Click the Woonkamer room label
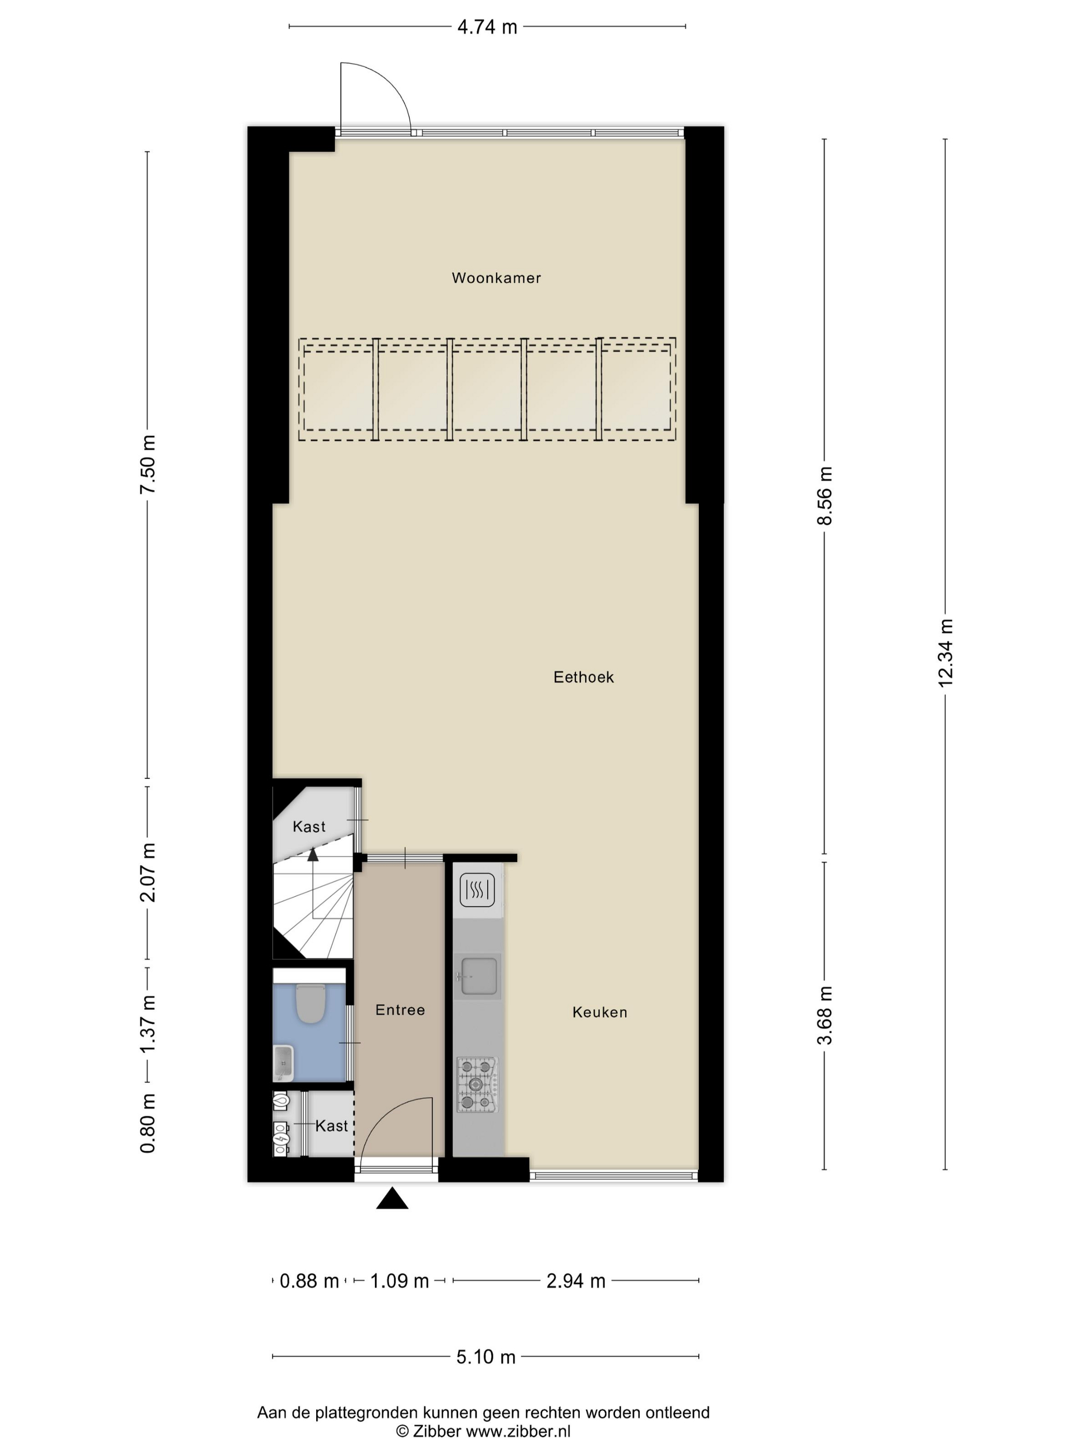(x=496, y=278)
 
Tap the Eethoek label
(x=583, y=678)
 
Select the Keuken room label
(x=600, y=1012)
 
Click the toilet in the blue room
(x=310, y=1003)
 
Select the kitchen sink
(x=478, y=976)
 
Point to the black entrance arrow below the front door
(x=392, y=1199)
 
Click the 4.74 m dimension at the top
(x=487, y=27)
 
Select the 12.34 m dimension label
(x=945, y=653)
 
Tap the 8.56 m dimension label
(x=824, y=496)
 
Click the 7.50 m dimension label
(x=148, y=464)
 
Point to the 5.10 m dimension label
(x=486, y=1357)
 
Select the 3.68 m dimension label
(x=824, y=1015)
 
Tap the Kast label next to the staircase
(x=309, y=827)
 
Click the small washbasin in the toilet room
(x=284, y=1062)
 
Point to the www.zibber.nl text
(x=518, y=1431)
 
